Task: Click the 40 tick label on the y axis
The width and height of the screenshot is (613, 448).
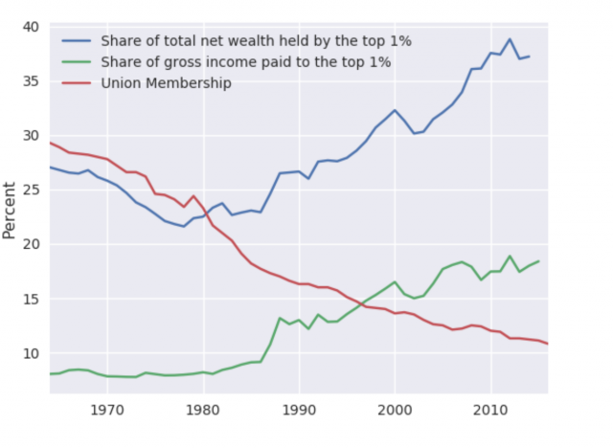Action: (x=30, y=27)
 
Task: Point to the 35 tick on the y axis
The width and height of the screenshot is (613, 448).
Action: (x=30, y=81)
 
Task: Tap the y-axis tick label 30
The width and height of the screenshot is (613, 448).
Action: (x=30, y=136)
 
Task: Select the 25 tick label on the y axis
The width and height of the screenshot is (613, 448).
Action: (x=30, y=190)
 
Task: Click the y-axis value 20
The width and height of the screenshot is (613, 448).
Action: (x=30, y=245)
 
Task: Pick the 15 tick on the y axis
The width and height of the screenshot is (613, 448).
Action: (x=30, y=300)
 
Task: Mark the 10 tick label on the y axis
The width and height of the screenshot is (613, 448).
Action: (x=30, y=354)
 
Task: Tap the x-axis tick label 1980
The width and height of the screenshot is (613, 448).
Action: (x=203, y=410)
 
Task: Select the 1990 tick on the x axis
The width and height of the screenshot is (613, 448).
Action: (x=299, y=410)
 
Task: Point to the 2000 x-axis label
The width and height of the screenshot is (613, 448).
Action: (x=395, y=410)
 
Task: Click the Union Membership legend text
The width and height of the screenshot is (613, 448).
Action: (x=166, y=83)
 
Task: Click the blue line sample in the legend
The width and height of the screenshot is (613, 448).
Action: (x=77, y=41)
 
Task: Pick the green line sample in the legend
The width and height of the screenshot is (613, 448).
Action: (x=77, y=62)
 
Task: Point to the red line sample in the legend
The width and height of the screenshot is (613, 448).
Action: (x=77, y=83)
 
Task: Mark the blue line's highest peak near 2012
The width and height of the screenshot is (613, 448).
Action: (x=510, y=39)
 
